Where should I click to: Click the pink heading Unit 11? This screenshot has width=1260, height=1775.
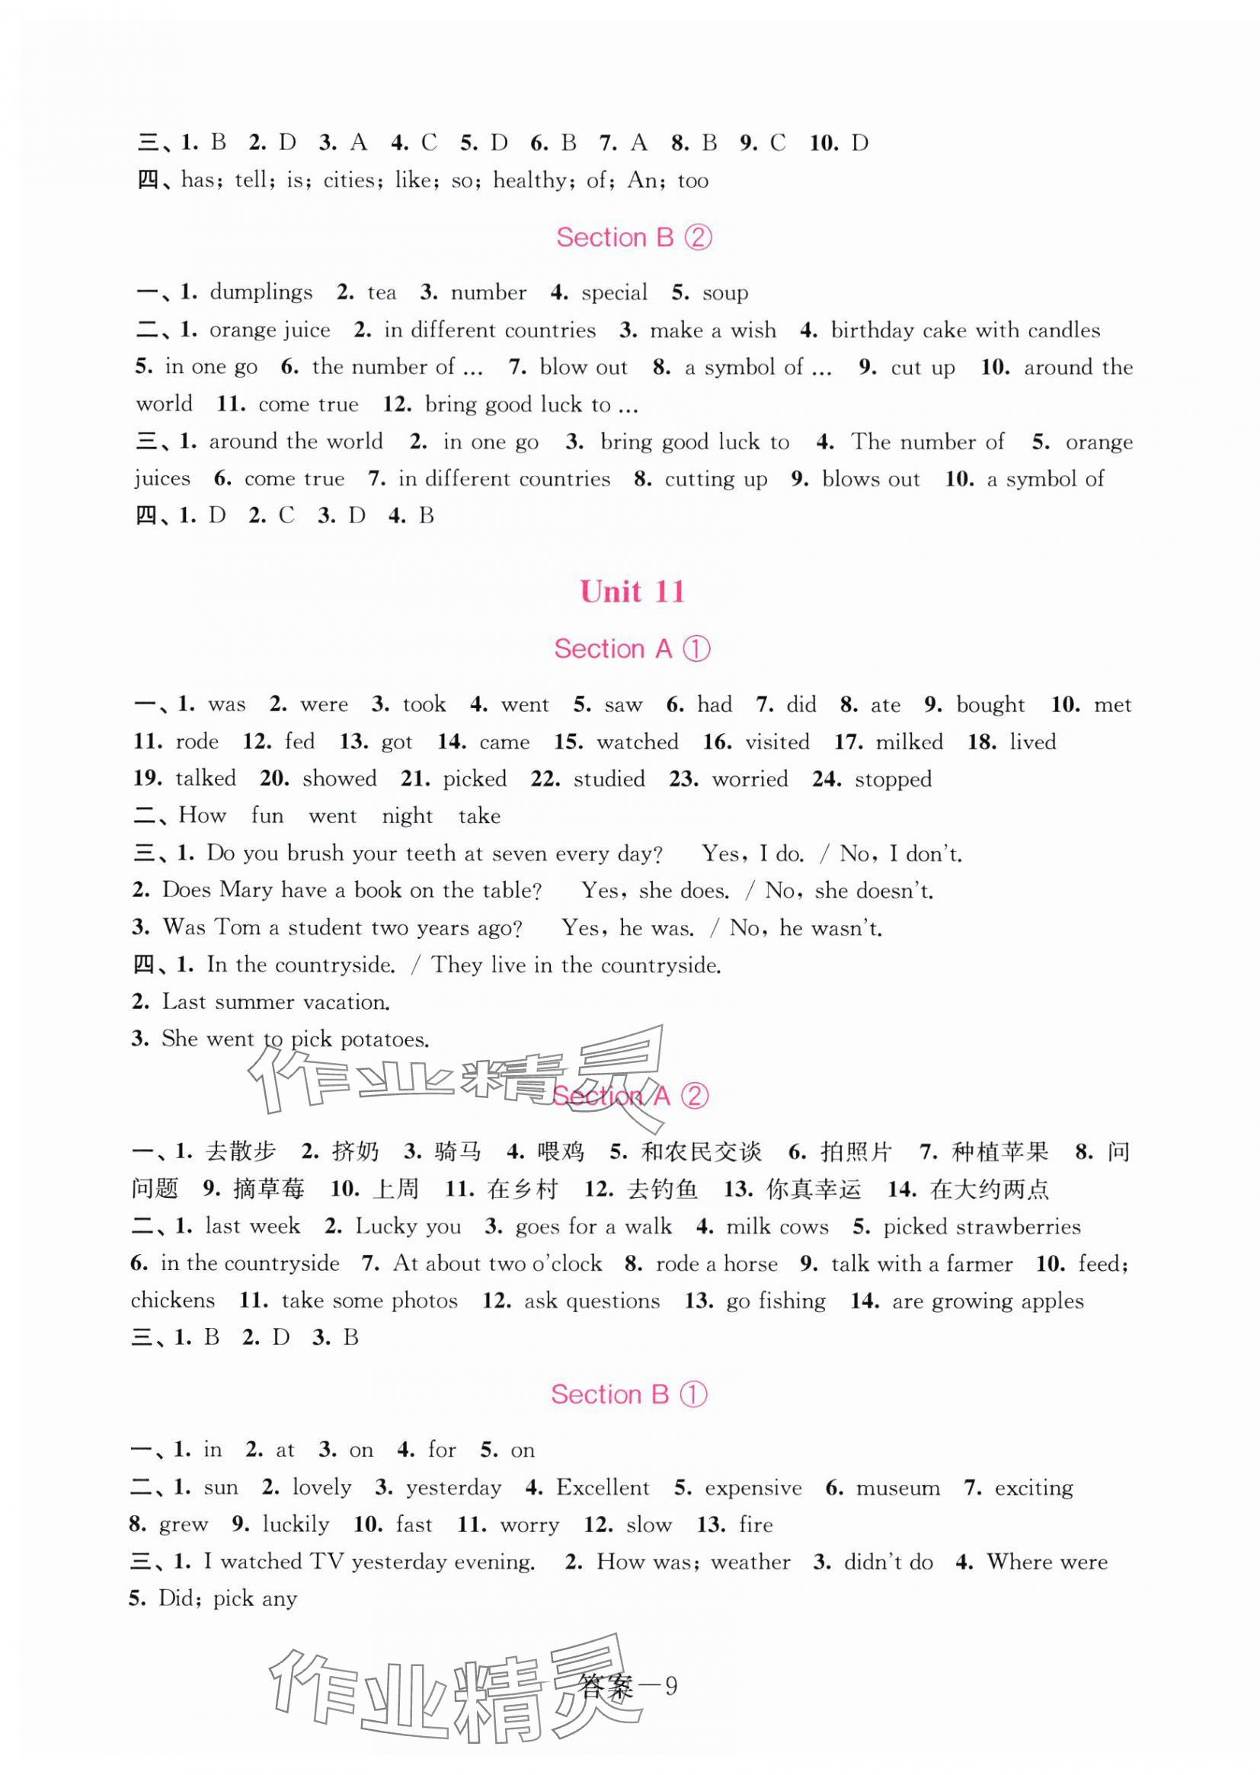click(632, 592)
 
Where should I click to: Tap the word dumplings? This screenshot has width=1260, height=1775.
click(261, 292)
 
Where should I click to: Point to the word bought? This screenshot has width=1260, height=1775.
click(990, 705)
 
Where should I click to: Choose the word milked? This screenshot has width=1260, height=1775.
click(910, 742)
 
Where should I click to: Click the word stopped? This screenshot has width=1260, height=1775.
click(893, 779)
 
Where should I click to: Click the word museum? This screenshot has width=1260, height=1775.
click(897, 1488)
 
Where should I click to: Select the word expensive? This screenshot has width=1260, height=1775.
click(753, 1488)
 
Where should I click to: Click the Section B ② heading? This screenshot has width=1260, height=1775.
click(633, 238)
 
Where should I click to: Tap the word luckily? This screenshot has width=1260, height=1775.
click(296, 1525)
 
